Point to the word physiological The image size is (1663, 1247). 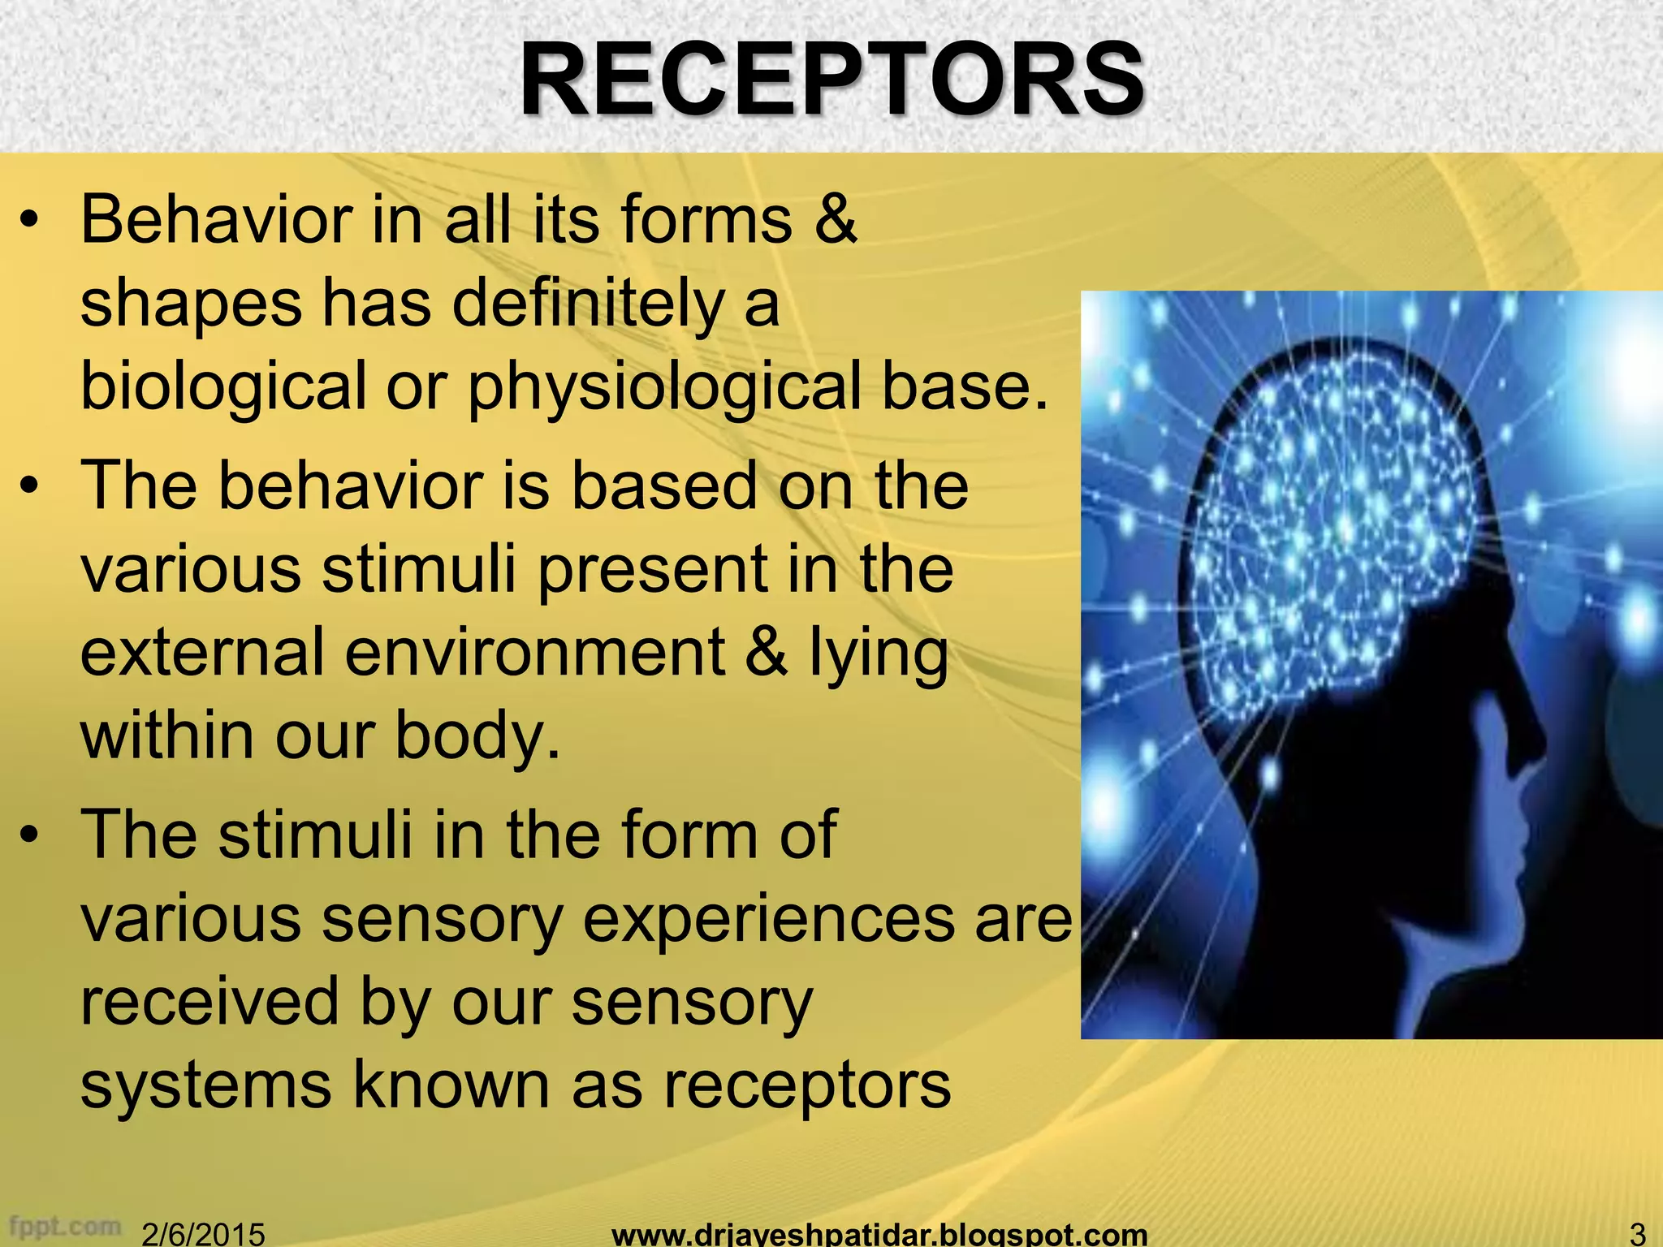664,386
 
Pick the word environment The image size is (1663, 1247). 534,652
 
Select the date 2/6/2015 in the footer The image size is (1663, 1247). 203,1234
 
